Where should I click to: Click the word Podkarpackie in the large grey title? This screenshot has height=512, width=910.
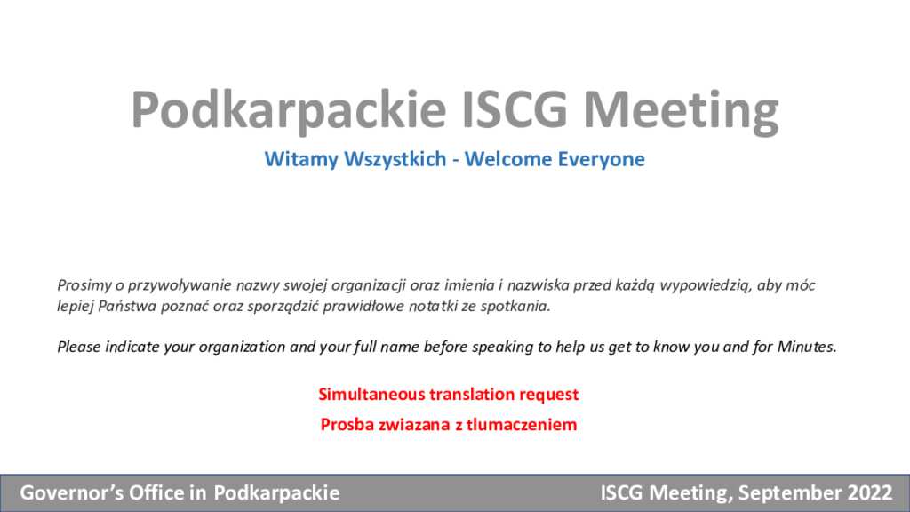coord(289,109)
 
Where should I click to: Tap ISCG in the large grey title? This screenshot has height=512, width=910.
coord(515,109)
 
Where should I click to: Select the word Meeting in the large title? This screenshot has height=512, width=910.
coord(681,111)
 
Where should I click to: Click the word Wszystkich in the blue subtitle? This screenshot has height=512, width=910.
coord(395,159)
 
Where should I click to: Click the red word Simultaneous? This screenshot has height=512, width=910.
coord(371,394)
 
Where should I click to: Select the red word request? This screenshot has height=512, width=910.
coord(549,395)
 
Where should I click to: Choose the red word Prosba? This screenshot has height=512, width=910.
coord(347,424)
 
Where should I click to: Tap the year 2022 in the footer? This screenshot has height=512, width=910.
coord(869,492)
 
